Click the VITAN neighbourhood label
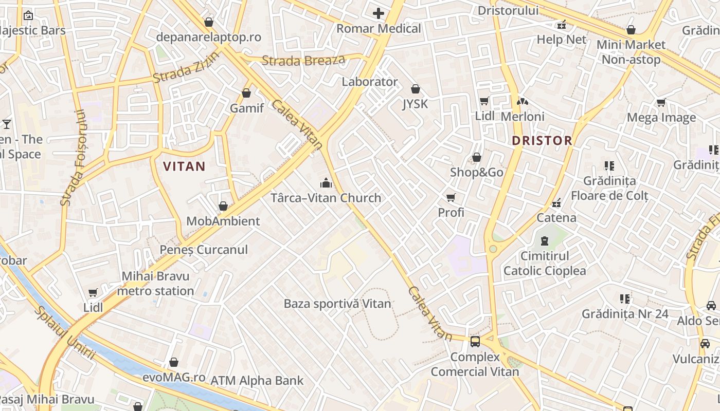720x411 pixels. [184, 166]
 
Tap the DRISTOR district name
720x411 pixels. [542, 140]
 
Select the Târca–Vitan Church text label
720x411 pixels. [326, 198]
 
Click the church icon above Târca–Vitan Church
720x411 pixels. [326, 183]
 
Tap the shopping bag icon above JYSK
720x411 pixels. [415, 89]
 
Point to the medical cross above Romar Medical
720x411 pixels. [379, 13]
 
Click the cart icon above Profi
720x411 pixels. [451, 197]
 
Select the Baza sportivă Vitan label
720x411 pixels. [337, 304]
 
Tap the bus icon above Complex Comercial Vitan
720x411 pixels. [475, 341]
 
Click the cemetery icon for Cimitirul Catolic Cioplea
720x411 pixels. [544, 240]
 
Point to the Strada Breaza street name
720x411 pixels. [303, 61]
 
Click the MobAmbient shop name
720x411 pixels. [223, 221]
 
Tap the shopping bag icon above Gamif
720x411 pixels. [246, 93]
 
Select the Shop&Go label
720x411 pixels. [477, 172]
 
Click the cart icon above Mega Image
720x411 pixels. [661, 102]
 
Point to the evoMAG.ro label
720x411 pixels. [174, 377]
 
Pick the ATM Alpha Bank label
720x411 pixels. [257, 381]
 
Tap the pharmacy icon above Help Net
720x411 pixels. [562, 24]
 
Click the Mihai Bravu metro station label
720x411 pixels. [155, 284]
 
